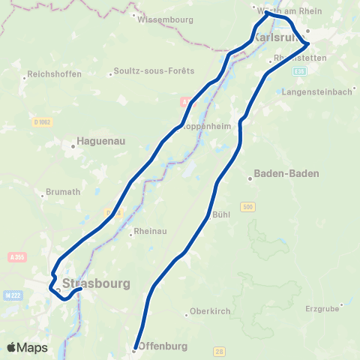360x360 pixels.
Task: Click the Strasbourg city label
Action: [97, 283]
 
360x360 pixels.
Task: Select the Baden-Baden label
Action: [287, 173]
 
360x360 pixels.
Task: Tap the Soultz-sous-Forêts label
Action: [153, 71]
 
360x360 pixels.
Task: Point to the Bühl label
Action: [221, 214]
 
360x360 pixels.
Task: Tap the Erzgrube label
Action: [323, 307]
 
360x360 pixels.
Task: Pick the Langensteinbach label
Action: [319, 92]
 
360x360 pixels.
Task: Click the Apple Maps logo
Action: [28, 347]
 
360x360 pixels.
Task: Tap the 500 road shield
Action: [247, 206]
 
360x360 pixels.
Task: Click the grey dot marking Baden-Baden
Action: [250, 178]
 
